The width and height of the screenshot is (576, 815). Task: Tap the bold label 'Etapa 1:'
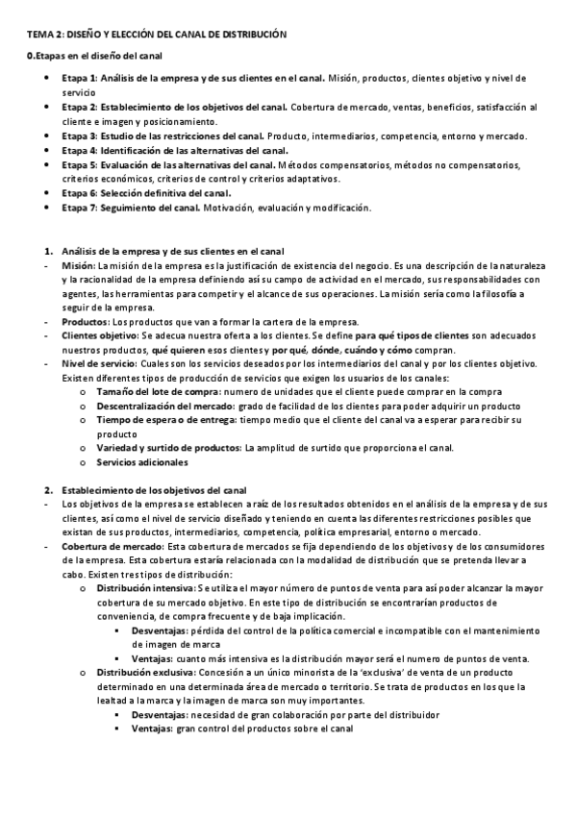(x=79, y=77)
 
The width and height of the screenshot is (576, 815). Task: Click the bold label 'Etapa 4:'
(x=79, y=151)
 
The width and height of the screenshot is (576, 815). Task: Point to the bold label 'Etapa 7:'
(x=79, y=208)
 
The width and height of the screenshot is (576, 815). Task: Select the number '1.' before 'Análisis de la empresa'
(x=48, y=251)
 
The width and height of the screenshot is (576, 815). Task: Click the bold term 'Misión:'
(x=78, y=264)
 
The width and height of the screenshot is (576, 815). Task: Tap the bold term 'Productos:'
(x=85, y=321)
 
